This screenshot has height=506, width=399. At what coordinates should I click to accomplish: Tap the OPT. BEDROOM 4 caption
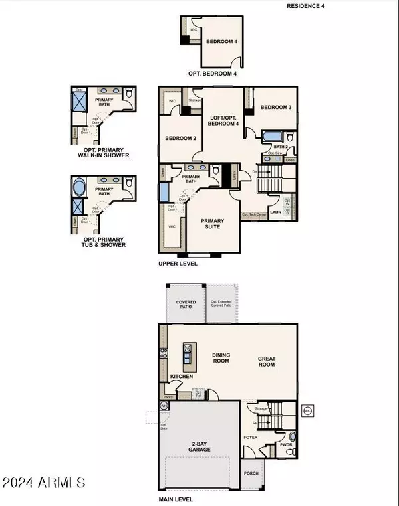pyautogui.click(x=212, y=74)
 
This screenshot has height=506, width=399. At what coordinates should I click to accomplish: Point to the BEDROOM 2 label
pyautogui.click(x=180, y=138)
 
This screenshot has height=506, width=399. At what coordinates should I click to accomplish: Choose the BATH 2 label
pyautogui.click(x=281, y=147)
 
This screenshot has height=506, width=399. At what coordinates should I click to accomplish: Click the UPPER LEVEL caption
pyautogui.click(x=178, y=263)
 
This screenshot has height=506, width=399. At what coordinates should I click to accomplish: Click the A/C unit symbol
pyautogui.click(x=307, y=411)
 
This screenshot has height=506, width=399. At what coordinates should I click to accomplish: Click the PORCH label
pyautogui.click(x=252, y=473)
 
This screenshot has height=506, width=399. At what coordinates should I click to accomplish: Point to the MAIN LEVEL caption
pyautogui.click(x=176, y=499)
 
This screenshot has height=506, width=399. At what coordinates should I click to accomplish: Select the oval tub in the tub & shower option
pyautogui.click(x=79, y=187)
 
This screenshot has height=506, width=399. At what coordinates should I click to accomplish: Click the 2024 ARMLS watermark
pyautogui.click(x=43, y=482)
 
